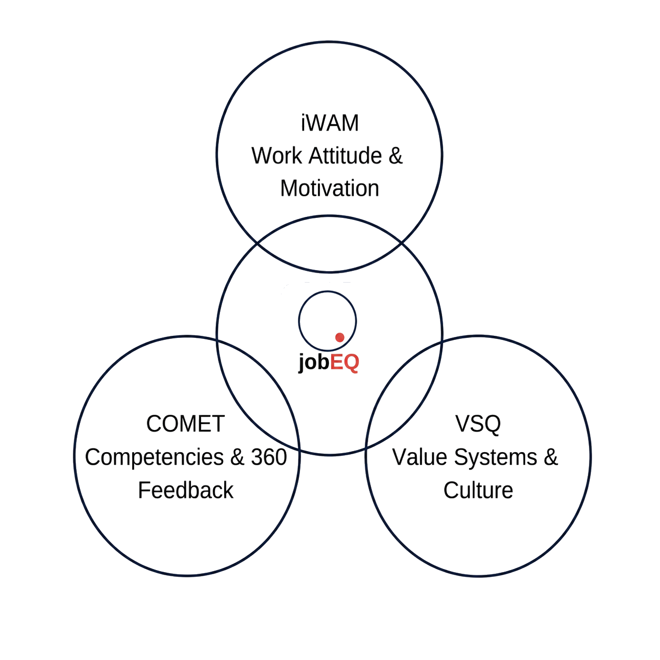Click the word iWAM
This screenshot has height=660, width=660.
[329, 123]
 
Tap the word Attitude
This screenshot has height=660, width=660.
[345, 155]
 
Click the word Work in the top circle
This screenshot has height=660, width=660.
[277, 155]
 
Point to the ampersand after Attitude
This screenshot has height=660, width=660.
[396, 155]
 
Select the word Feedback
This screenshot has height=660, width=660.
[186, 490]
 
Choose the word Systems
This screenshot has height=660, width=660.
[496, 457]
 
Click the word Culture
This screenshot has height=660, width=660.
[478, 490]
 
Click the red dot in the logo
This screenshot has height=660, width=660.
[339, 337]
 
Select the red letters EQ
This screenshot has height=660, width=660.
[344, 362]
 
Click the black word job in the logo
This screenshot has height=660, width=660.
[314, 362]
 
